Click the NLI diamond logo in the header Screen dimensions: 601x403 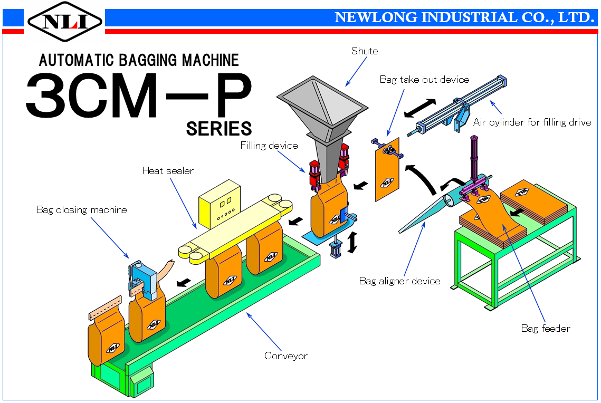tap(65, 21)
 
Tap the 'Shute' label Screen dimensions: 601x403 tap(365, 51)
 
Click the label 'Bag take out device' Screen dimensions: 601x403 tap(424, 79)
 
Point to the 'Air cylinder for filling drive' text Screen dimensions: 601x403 tap(532, 122)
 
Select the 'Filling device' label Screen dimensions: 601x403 tap(269, 146)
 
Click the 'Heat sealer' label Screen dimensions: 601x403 tap(168, 171)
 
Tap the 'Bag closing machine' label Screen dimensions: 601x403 tap(82, 210)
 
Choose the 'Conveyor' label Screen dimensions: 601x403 tap(286, 356)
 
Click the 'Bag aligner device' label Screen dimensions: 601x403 tap(400, 281)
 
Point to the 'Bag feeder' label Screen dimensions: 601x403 tap(546, 328)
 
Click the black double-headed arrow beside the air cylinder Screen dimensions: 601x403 tap(420, 109)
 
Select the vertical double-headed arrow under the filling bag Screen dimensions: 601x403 tap(352, 243)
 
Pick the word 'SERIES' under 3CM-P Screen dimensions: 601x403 tap(219, 129)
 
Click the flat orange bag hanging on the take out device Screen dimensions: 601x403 tap(387, 169)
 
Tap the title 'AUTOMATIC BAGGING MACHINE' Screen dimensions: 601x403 tap(139, 60)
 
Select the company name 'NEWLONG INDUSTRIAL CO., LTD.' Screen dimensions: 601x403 tap(464, 17)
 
